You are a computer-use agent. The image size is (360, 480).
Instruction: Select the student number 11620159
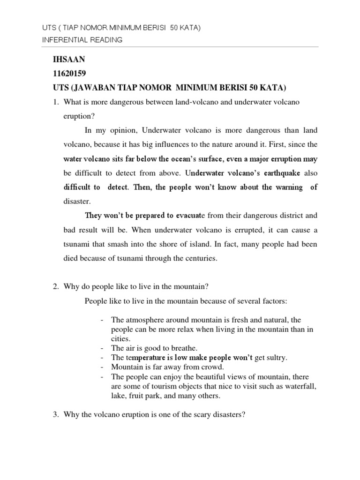tap(73, 74)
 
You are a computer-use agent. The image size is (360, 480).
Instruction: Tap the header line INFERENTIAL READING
tap(82, 40)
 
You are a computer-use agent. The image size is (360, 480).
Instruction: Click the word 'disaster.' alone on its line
tap(76, 201)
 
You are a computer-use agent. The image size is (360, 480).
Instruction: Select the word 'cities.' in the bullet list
tap(121, 338)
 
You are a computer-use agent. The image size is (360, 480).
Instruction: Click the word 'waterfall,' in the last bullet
tap(301, 387)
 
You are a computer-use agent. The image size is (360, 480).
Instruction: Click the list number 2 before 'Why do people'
tap(57, 286)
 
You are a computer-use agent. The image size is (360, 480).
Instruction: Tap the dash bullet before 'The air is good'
tap(102, 348)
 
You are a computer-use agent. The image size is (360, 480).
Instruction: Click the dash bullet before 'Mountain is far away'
tap(102, 367)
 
